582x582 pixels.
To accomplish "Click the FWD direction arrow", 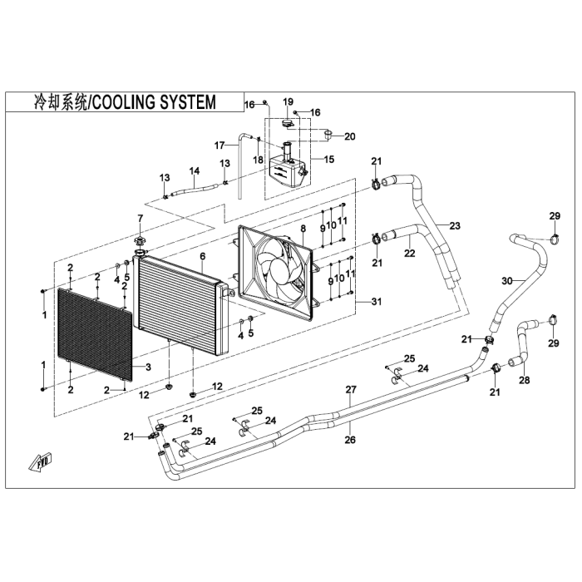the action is click(41, 461).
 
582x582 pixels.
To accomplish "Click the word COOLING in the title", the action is click(121, 102).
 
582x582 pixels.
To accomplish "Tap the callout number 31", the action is click(377, 301).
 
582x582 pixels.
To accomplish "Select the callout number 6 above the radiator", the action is click(203, 256).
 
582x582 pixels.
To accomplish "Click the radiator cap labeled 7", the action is click(140, 241).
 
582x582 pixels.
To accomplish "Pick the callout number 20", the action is click(350, 136).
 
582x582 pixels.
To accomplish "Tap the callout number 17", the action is click(219, 145).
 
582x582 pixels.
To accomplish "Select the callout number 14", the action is click(195, 170).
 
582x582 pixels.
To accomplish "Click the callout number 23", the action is click(455, 225).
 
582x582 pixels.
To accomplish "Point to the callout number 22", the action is click(410, 253).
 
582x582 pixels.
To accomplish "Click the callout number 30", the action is click(507, 281).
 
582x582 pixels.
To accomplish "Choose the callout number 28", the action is click(525, 380).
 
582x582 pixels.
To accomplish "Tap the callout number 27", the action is click(351, 389).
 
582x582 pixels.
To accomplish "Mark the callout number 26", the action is click(350, 440).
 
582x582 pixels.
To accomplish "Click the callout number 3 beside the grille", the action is click(149, 367).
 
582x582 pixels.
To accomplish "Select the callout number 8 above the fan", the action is click(303, 229).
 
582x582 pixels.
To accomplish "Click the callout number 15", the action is click(329, 160).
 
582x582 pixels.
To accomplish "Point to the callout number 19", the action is click(288, 101).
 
